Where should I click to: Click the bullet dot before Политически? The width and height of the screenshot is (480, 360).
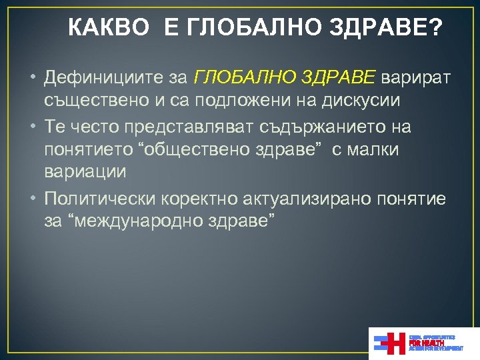point(33,199)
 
